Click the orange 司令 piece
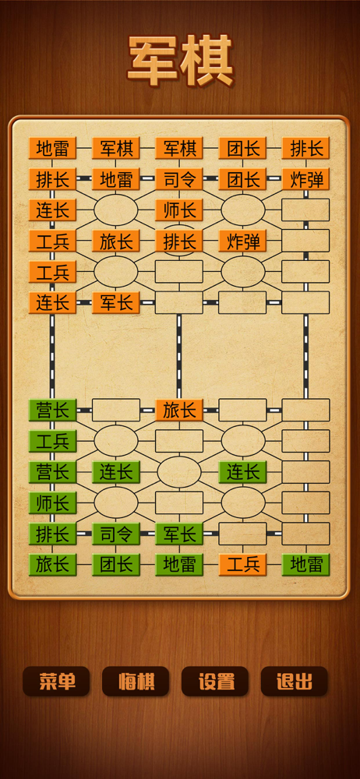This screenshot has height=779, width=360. (x=179, y=179)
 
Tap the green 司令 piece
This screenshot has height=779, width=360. (x=116, y=534)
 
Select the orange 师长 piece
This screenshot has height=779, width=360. (x=179, y=210)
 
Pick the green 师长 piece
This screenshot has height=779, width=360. (x=53, y=502)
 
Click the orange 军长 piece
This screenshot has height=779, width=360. (x=116, y=302)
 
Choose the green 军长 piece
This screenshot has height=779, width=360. (x=179, y=534)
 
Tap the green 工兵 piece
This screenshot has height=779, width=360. (x=53, y=441)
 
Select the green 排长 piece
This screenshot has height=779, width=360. (x=53, y=534)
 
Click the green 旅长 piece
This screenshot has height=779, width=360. (x=53, y=565)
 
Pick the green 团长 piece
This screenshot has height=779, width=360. (x=116, y=565)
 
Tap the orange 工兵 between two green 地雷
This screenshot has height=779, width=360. (x=242, y=565)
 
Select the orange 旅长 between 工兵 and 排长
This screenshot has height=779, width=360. (x=116, y=241)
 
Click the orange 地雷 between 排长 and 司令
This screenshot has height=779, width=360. (x=116, y=179)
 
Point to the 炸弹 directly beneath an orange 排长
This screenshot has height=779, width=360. (x=305, y=179)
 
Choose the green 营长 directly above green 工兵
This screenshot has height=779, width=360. (x=53, y=411)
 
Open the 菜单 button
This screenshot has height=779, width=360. (x=56, y=681)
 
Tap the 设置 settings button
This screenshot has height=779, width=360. (x=215, y=681)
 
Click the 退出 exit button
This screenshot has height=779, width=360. (x=295, y=681)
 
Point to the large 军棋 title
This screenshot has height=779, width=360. (x=181, y=61)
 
